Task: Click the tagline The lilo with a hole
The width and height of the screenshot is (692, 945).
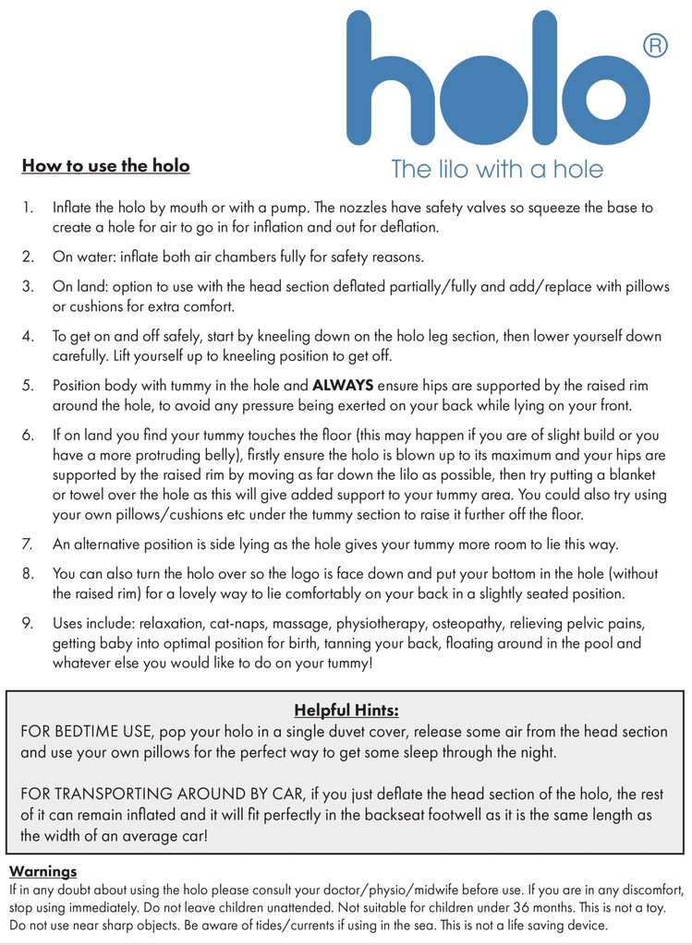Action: (497, 170)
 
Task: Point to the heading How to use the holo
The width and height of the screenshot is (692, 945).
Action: (105, 166)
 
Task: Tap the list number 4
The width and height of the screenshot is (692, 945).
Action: (28, 337)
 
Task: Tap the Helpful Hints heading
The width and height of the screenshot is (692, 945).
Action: (346, 710)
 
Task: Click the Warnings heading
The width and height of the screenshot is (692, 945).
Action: (42, 871)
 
